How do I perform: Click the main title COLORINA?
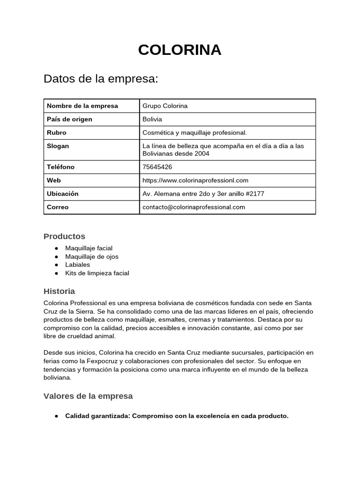click(180, 50)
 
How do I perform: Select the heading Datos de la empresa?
click(101, 79)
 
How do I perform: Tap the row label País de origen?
click(69, 119)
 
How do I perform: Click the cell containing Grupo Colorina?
click(165, 106)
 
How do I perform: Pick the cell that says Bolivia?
click(152, 119)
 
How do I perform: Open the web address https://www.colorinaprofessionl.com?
click(195, 180)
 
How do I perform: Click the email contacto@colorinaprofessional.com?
click(194, 207)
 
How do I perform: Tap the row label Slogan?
click(58, 146)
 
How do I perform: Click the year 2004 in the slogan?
click(202, 154)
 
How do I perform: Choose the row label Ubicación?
click(63, 194)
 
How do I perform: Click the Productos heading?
click(64, 236)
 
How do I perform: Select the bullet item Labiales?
click(77, 265)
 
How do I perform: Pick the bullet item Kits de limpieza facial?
click(97, 273)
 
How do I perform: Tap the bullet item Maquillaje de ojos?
click(92, 256)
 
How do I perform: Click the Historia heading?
click(59, 291)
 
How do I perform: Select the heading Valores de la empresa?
click(88, 396)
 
